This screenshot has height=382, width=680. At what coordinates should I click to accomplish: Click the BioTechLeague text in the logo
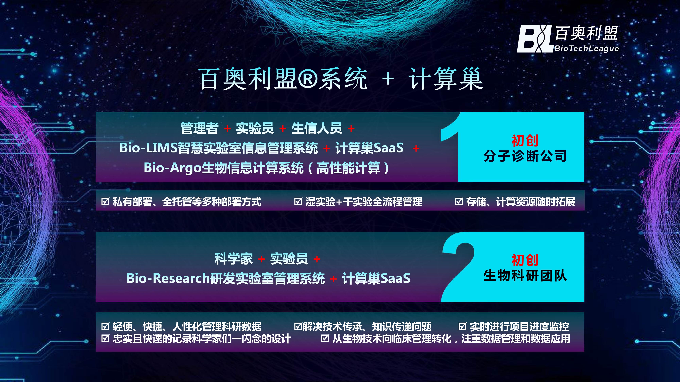[x=586, y=49]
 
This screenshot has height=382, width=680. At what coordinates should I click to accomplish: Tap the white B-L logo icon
[x=534, y=39]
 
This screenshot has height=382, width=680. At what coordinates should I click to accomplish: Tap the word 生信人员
[x=317, y=128]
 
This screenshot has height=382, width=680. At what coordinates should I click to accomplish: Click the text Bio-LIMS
[x=148, y=148]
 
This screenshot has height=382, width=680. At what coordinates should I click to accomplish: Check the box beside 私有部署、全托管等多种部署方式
[x=105, y=202]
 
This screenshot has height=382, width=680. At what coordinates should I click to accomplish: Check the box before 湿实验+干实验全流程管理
[x=298, y=202]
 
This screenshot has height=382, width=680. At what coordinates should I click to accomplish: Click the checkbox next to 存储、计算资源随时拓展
[x=459, y=202]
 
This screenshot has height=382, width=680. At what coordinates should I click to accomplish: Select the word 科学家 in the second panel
[x=233, y=259]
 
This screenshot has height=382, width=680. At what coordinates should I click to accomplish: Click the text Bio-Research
[x=168, y=278]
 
